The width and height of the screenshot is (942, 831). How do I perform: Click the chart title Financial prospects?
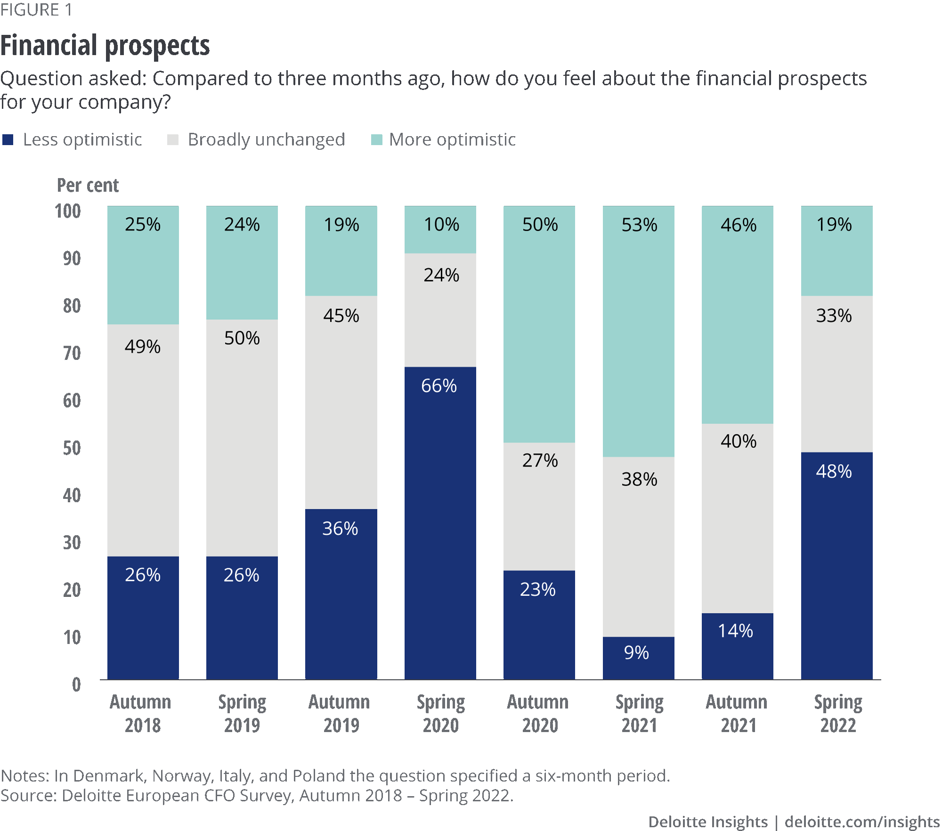click(105, 46)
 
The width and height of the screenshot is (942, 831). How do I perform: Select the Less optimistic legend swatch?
click(8, 140)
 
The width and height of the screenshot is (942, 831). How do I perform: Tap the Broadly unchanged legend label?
click(266, 140)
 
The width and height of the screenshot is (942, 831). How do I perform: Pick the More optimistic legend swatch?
click(377, 140)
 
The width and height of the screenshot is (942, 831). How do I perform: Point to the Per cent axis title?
click(88, 185)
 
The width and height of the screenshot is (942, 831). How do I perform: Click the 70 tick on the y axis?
click(72, 353)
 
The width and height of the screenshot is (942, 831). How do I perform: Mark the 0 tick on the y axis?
click(76, 684)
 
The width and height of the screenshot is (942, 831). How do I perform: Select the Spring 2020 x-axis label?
click(440, 714)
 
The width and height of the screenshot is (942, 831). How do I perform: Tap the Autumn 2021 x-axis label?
click(737, 714)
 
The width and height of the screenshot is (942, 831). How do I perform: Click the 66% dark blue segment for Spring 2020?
click(440, 523)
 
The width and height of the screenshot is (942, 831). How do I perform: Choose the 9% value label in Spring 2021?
click(636, 653)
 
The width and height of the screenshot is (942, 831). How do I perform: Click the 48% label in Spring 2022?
click(834, 472)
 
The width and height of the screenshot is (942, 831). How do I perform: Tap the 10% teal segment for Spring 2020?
click(440, 230)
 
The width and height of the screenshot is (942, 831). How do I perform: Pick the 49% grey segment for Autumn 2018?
click(143, 440)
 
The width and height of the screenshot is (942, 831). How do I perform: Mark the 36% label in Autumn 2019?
click(340, 529)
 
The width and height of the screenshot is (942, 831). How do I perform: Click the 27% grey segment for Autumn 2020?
click(539, 506)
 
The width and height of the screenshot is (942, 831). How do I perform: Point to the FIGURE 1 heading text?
click(36, 10)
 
